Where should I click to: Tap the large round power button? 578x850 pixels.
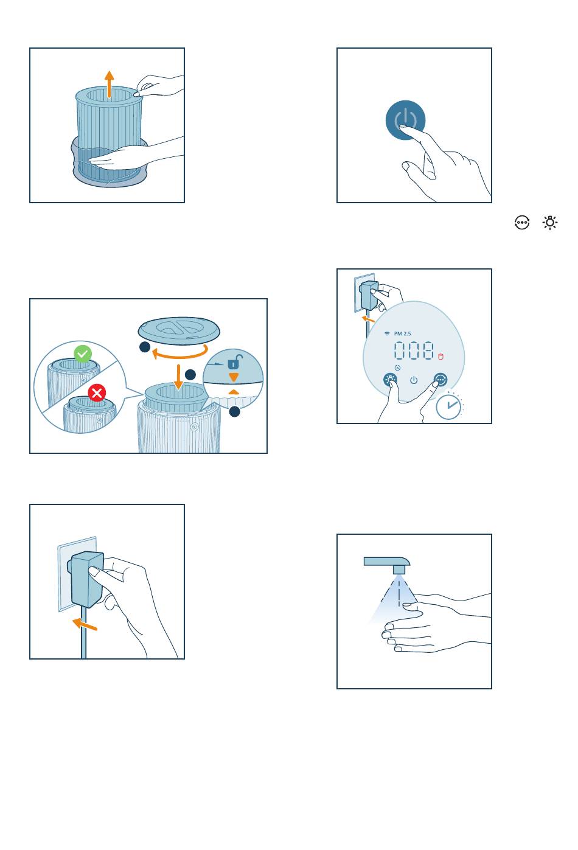(x=405, y=120)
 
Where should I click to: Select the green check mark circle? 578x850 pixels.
(x=83, y=354)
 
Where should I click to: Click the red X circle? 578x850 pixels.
(x=97, y=392)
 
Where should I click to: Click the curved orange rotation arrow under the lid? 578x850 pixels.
(x=180, y=352)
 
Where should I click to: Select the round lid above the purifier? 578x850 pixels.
(x=179, y=330)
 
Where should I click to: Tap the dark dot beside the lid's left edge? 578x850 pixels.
(x=145, y=347)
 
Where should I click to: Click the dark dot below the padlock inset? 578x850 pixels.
(x=234, y=411)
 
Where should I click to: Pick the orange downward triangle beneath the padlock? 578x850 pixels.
(x=234, y=377)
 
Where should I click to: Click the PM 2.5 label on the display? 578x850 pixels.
(x=402, y=333)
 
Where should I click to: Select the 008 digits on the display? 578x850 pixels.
(x=414, y=350)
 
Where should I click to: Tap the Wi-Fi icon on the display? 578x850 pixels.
(x=387, y=333)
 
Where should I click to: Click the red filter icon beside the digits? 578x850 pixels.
(x=440, y=357)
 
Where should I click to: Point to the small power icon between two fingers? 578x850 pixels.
(x=414, y=380)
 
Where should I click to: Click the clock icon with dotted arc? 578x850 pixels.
(x=449, y=406)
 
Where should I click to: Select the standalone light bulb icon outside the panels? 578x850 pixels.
(x=550, y=222)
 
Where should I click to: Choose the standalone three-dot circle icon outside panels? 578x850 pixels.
(x=522, y=222)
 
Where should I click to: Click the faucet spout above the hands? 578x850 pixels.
(x=387, y=564)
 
